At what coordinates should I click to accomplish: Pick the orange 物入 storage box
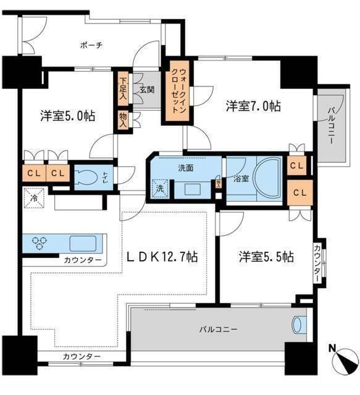tap(123, 118)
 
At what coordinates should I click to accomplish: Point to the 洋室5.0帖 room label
tap(68, 115)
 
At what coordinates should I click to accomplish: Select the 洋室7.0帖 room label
tap(253, 106)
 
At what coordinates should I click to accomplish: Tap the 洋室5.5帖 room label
tap(266, 256)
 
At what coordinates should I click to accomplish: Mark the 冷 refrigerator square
tap(32, 201)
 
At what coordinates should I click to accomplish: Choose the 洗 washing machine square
tap(159, 188)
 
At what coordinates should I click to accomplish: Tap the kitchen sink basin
tap(82, 242)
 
